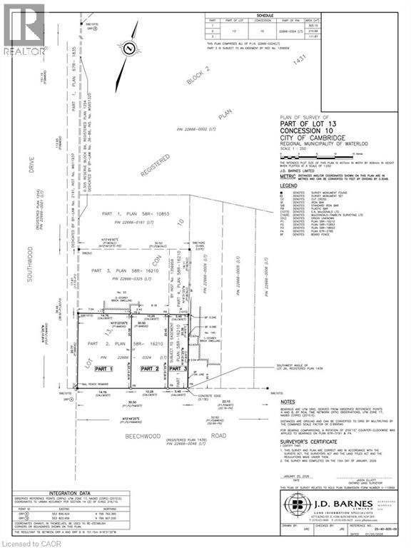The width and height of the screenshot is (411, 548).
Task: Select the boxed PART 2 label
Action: (x=148, y=368)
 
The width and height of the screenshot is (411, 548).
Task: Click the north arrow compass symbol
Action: (x=129, y=49)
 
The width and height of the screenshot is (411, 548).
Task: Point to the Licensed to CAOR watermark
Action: (x=29, y=542)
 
